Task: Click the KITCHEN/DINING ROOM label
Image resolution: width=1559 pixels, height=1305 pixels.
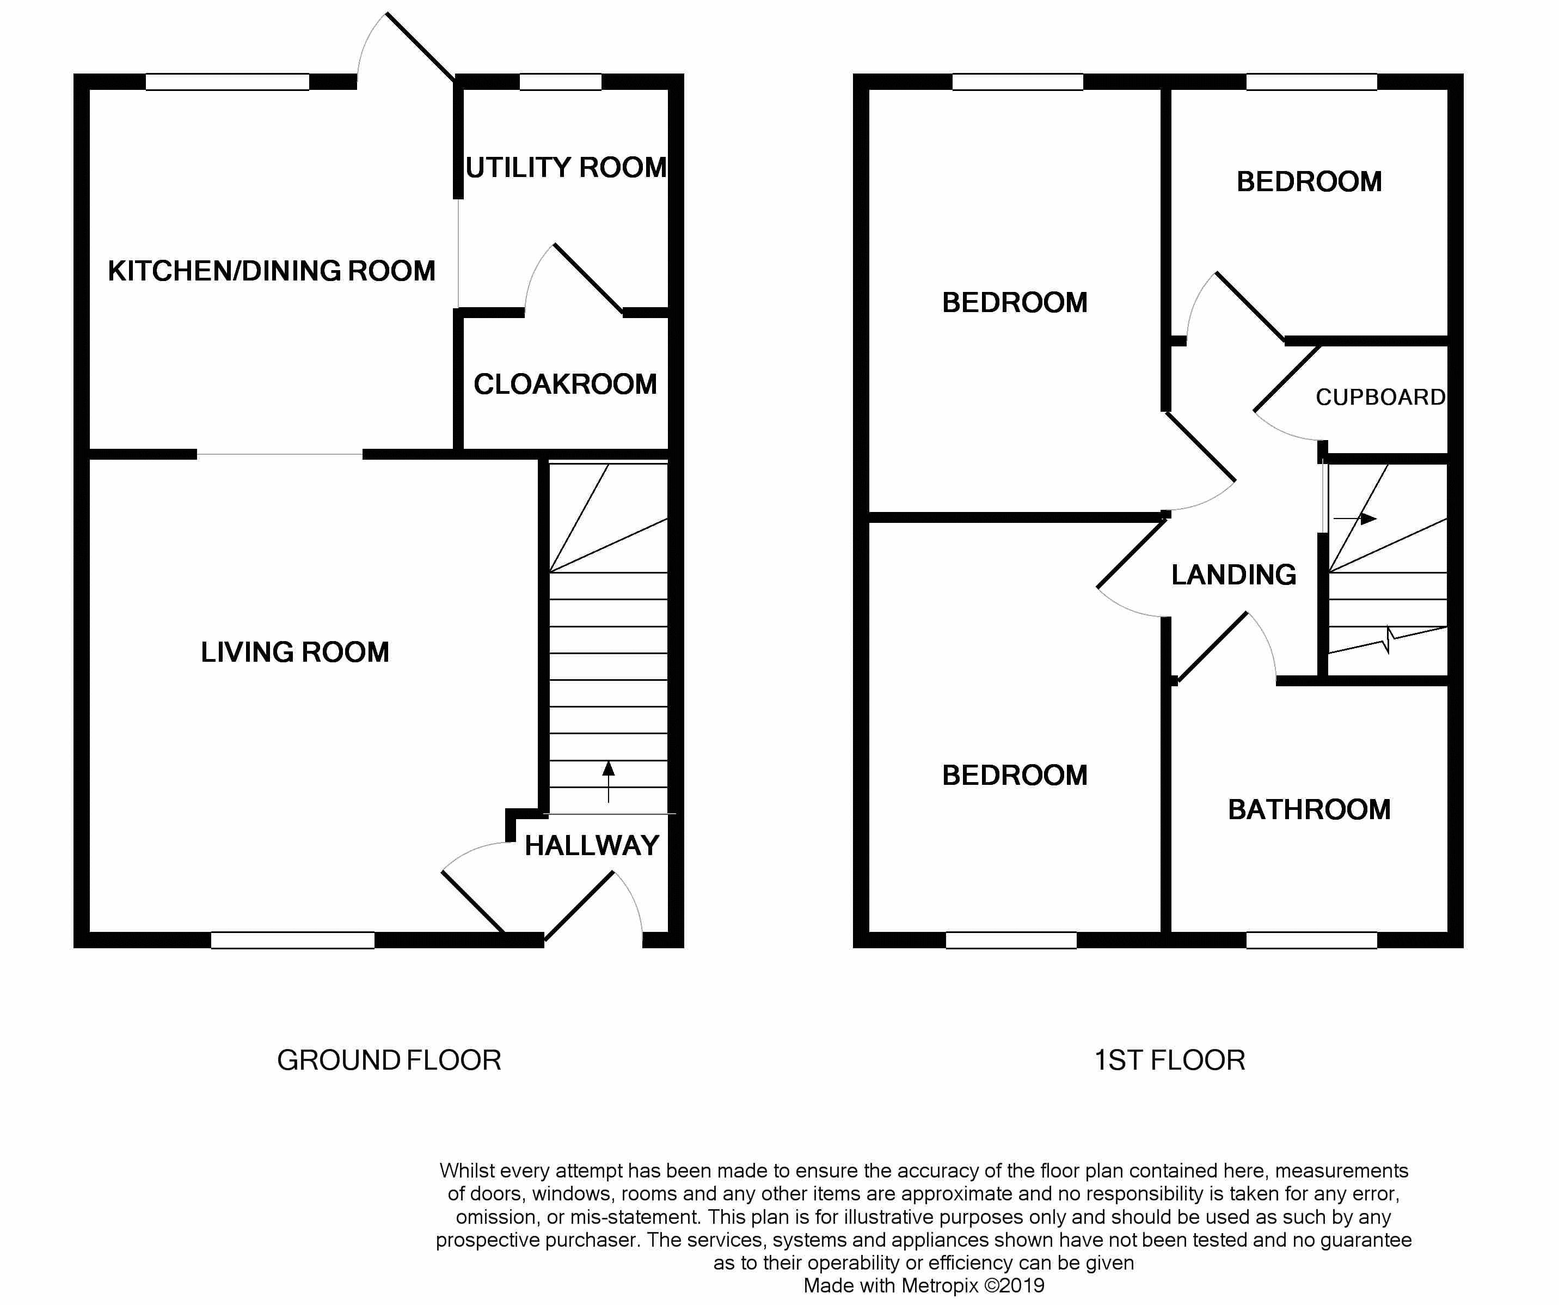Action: click(272, 271)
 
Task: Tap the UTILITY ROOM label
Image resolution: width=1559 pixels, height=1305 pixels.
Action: click(566, 168)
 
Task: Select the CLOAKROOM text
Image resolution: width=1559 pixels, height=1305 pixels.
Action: click(565, 385)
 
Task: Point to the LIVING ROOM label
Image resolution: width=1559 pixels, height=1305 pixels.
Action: click(294, 652)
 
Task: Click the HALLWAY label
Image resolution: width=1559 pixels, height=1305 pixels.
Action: click(592, 845)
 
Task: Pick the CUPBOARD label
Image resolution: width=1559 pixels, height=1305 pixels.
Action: click(1380, 398)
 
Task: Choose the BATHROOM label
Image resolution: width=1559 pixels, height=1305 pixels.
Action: click(1309, 809)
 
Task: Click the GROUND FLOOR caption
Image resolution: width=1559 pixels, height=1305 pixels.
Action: click(389, 1060)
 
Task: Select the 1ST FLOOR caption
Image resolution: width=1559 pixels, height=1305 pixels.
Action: click(1170, 1060)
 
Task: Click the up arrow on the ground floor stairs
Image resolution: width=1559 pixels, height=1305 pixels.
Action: click(608, 780)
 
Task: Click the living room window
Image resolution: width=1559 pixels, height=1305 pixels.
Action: click(292, 940)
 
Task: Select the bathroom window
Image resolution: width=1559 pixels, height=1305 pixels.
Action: click(1311, 940)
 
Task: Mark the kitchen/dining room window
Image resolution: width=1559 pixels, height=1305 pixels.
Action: click(227, 82)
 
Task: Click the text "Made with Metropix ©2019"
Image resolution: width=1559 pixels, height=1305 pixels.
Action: click(924, 1286)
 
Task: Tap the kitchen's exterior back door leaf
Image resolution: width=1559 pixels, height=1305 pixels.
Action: click(420, 47)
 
